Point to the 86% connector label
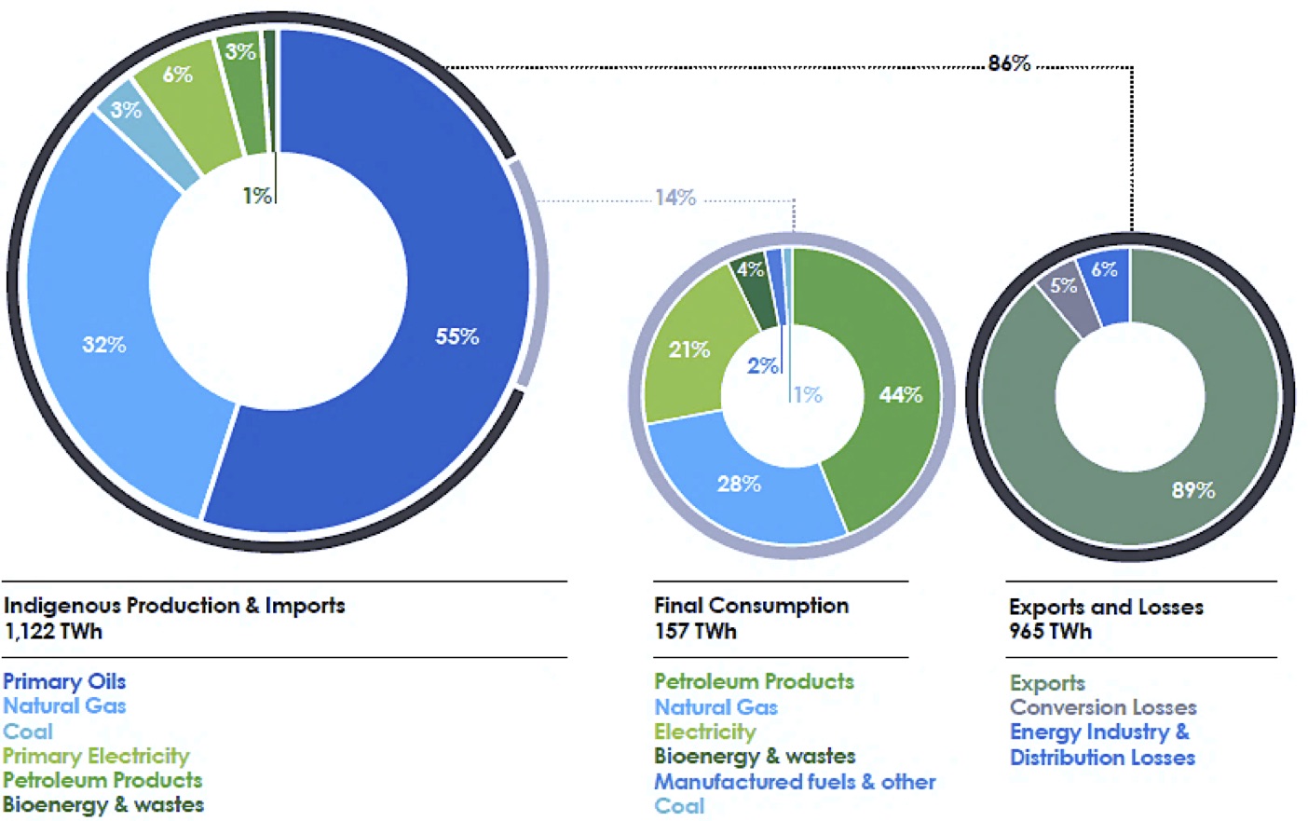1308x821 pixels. (1009, 63)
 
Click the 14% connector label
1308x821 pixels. (675, 198)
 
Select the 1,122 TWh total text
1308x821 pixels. (53, 631)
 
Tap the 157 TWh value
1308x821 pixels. (695, 631)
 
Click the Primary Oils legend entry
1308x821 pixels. (64, 681)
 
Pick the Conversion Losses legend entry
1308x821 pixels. (1103, 707)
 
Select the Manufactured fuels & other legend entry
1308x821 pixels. (795, 782)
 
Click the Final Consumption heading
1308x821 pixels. (751, 606)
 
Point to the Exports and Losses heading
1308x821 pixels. (1106, 607)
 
